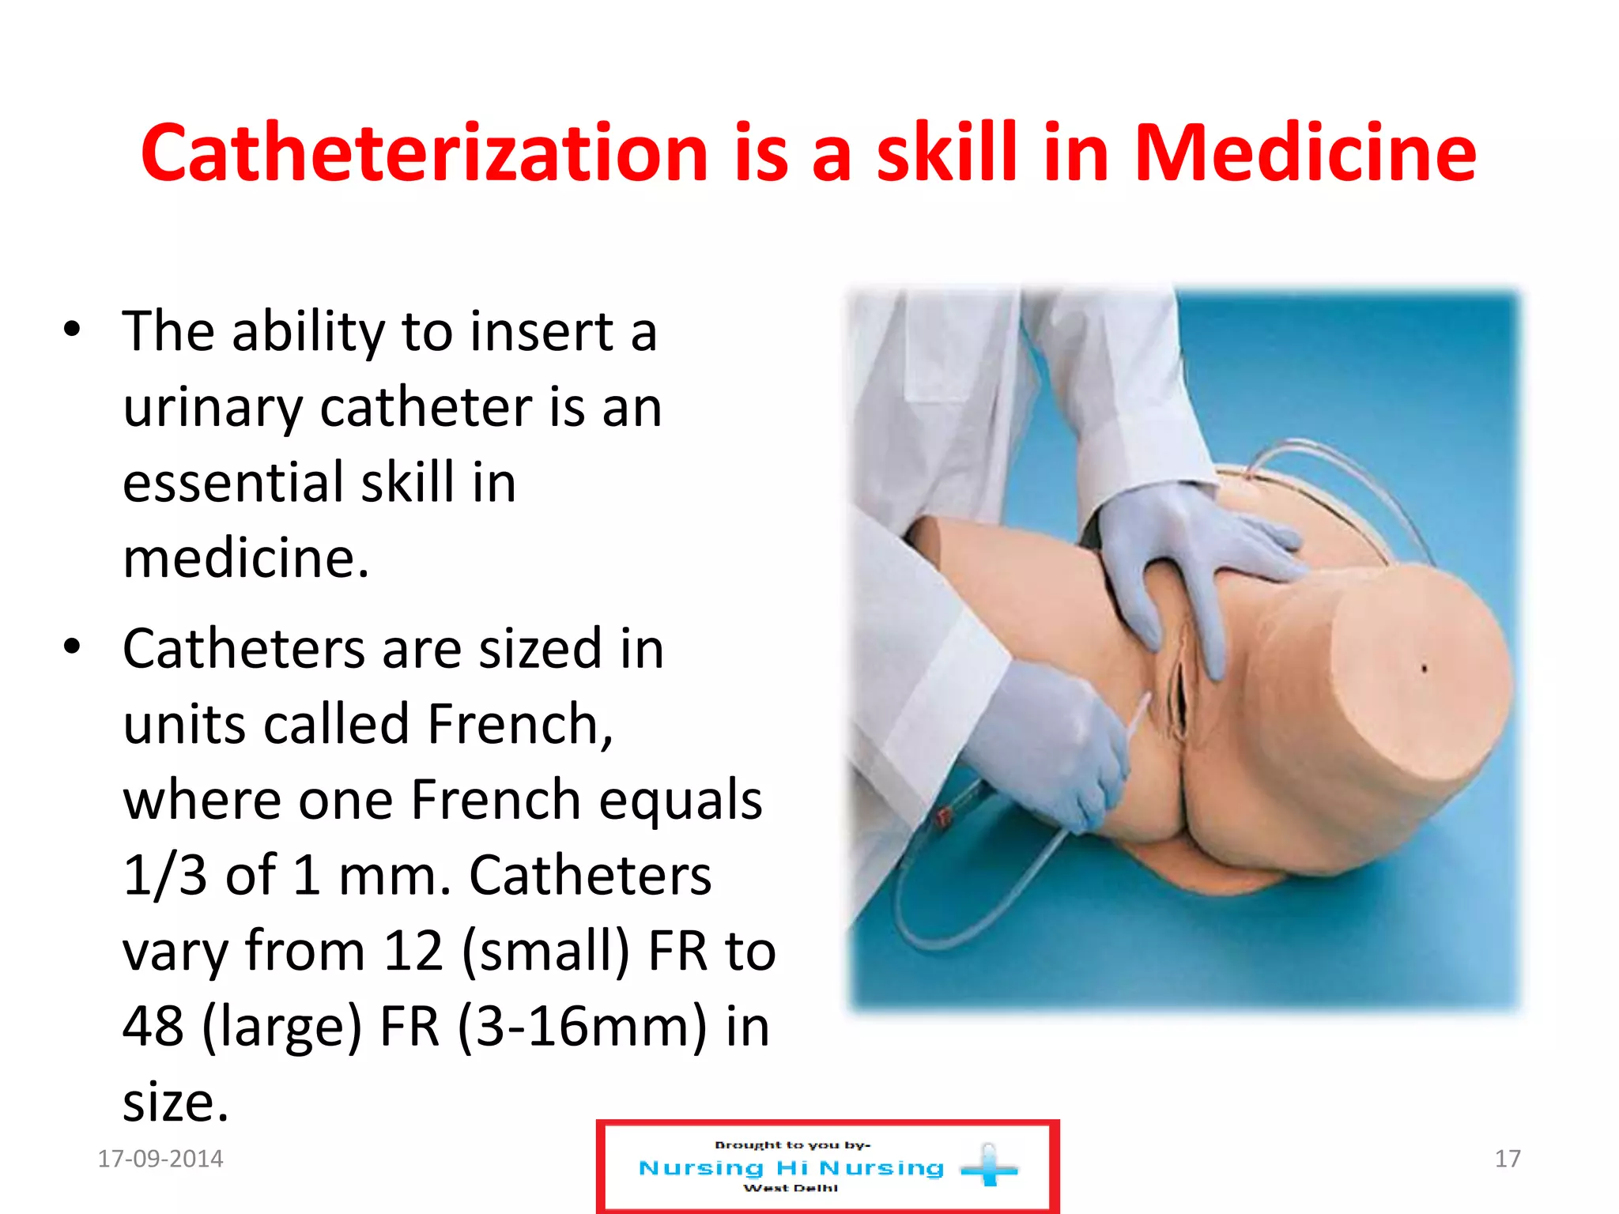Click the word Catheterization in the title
(425, 153)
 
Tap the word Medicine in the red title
(1304, 153)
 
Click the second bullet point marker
(72, 647)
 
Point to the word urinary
(213, 409)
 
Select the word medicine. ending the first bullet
(246, 558)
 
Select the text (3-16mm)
(582, 1027)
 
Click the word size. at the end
(175, 1102)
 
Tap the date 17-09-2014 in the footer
(160, 1159)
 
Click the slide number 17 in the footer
(1507, 1159)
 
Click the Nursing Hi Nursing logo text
(791, 1168)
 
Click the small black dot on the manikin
(1425, 669)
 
